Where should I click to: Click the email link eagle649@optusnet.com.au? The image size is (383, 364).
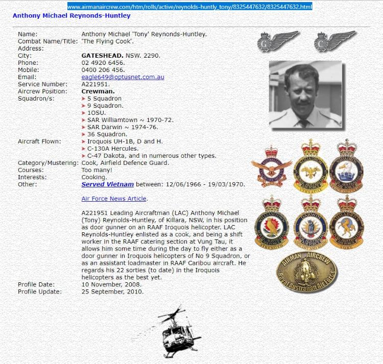pos(123,77)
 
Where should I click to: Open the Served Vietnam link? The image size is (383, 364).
pos(108,184)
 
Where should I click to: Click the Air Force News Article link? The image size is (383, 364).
pos(114,199)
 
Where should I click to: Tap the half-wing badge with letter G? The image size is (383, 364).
pos(277,41)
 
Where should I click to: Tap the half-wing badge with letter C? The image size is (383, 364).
pos(334,41)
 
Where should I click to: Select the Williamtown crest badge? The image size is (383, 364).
pos(271,223)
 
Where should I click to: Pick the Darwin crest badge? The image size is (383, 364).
pos(310,223)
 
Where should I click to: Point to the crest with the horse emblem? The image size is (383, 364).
pos(346,223)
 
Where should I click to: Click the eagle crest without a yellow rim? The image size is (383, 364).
pos(271,166)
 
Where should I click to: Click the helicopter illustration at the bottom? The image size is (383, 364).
pos(177,332)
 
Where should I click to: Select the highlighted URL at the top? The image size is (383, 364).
pos(189,7)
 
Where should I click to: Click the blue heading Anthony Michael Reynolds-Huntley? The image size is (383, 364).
pos(71,16)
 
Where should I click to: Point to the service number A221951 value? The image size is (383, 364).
pos(95,84)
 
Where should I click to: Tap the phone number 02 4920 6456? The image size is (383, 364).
pos(103,63)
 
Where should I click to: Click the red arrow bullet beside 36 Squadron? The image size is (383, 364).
pos(84,134)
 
